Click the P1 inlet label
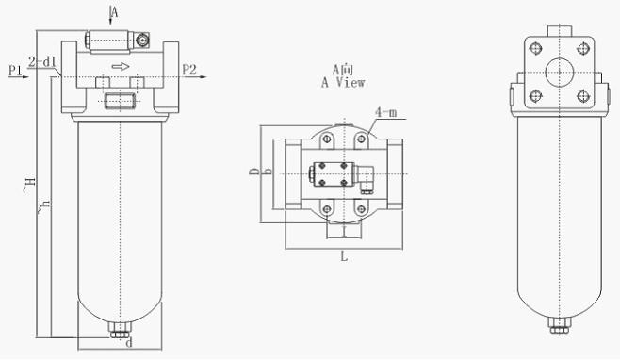tap(15, 71)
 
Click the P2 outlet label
tap(189, 70)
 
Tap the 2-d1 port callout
tap(42, 61)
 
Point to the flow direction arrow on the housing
tap(121, 66)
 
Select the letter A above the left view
tap(114, 12)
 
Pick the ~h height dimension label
tap(43, 205)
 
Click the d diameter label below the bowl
tap(129, 343)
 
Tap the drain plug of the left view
tap(121, 330)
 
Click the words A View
tap(343, 83)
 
